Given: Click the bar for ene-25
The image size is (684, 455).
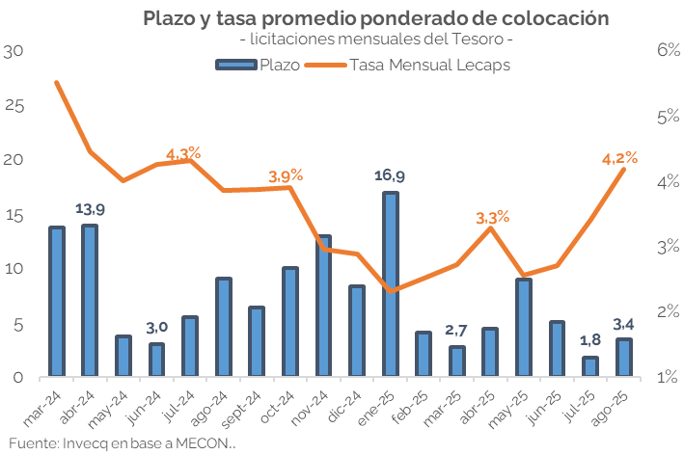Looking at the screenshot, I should click(x=391, y=284).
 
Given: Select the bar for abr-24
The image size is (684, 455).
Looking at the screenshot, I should click(x=89, y=301).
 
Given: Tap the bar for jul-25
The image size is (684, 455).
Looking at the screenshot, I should click(x=590, y=366).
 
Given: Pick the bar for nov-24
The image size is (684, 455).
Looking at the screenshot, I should click(x=324, y=306).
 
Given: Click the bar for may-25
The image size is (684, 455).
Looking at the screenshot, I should click(x=524, y=328).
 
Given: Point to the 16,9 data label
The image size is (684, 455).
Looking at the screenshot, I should click(x=390, y=175).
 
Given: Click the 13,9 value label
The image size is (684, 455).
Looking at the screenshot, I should click(x=90, y=208).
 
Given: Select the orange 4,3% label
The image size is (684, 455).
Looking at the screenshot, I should click(x=183, y=153).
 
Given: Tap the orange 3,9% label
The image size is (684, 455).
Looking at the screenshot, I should click(x=286, y=175).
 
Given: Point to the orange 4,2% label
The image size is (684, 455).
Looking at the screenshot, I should click(x=618, y=158).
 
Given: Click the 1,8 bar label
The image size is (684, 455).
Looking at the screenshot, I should click(x=589, y=340).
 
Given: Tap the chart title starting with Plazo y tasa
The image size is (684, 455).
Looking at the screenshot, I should click(x=376, y=18).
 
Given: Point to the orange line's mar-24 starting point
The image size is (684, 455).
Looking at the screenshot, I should click(x=57, y=83).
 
